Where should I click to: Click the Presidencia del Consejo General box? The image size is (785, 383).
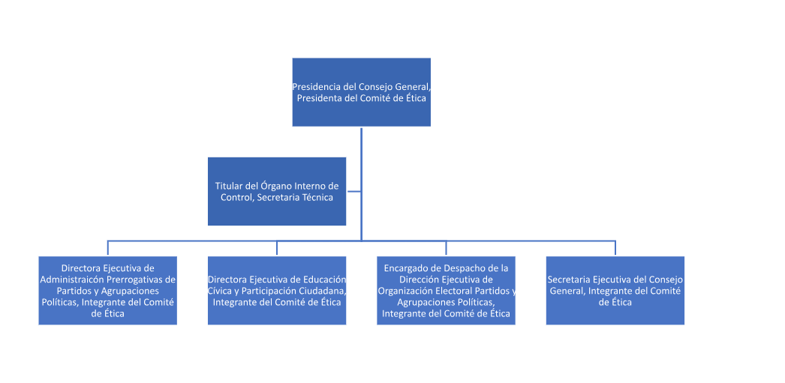(x=361, y=91)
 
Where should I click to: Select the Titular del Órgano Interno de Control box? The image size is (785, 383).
(x=276, y=191)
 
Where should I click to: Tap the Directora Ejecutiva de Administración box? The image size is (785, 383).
(x=107, y=290)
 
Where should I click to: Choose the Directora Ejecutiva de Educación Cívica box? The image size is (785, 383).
(x=276, y=290)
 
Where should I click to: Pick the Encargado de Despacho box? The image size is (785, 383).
(x=446, y=290)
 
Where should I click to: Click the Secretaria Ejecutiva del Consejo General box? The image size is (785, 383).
(x=615, y=290)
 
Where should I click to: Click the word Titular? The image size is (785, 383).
(x=230, y=186)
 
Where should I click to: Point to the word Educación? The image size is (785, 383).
(x=323, y=280)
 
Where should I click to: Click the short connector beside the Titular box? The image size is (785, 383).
(x=353, y=192)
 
